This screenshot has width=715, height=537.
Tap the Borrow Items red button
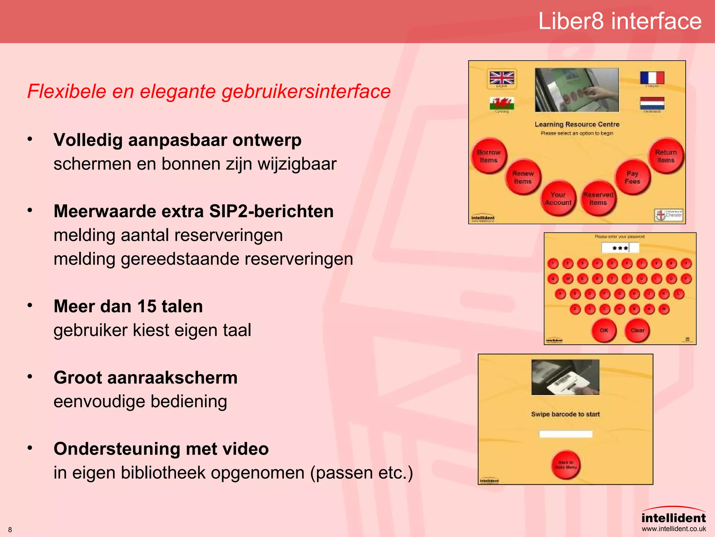[489, 156]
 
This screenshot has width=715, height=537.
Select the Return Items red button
[666, 156]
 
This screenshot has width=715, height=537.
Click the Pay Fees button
[633, 178]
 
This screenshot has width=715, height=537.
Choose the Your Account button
[558, 199]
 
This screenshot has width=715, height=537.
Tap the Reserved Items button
[598, 199]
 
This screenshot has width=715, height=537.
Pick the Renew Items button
[523, 178]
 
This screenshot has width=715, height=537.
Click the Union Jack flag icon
[502, 78]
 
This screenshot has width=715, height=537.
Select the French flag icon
[652, 78]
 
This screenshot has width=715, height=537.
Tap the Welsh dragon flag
[502, 103]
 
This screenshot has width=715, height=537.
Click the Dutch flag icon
[652, 103]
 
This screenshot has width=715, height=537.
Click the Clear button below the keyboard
[637, 330]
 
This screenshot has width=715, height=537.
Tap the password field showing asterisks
[620, 248]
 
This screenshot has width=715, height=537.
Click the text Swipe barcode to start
[565, 414]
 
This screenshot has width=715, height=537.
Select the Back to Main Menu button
[566, 465]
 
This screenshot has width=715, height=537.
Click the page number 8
[10, 530]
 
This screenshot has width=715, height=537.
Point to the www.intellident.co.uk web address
[673, 529]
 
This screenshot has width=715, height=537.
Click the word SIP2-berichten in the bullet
[271, 212]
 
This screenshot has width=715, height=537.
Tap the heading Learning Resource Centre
[577, 124]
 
